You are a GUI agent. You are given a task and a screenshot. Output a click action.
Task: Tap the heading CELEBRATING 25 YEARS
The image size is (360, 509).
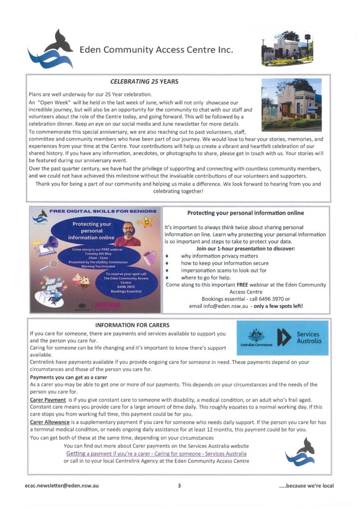pos(144,82)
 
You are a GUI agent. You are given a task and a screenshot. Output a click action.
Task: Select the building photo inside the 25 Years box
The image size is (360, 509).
pos(291,104)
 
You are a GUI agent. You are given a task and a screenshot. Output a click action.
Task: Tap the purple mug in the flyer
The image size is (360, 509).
pos(149,257)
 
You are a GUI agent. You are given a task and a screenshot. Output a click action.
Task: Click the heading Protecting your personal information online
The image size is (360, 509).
pos(245,213)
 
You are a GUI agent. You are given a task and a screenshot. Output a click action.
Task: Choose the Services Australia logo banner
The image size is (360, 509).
pos(282,338)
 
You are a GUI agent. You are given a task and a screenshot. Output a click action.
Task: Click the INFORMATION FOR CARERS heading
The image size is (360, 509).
pos(132,325)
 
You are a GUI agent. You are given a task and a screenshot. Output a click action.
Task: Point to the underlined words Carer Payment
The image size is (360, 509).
pos(48,400)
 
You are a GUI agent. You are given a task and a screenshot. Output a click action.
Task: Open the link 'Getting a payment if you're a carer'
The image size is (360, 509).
pos(156,453)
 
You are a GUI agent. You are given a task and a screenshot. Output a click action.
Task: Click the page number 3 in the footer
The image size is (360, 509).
pos(179,485)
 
